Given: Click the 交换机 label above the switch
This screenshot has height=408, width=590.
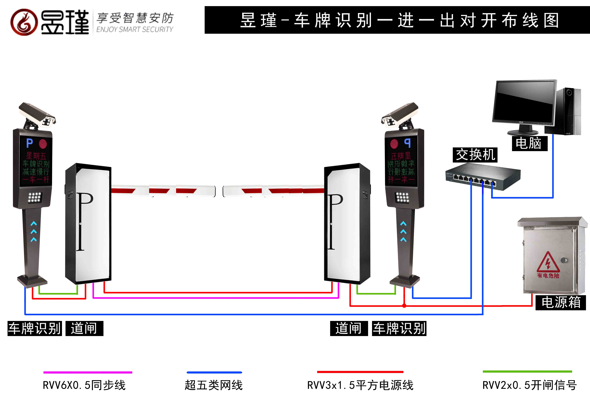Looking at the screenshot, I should tap(475, 155).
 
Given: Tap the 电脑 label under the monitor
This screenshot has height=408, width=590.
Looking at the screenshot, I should tap(529, 143).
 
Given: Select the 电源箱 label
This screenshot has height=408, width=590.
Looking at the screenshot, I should tap(561, 303).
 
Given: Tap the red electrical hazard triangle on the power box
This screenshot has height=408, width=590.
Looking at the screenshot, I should tap(548, 263).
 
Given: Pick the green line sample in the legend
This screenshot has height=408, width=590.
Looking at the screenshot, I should tap(527, 371).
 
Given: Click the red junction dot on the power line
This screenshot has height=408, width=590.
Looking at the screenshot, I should tap(404, 306).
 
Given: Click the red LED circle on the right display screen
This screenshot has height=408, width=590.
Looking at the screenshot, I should tap(394, 144).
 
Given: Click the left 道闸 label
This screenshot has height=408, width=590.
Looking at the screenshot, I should tap(84, 328).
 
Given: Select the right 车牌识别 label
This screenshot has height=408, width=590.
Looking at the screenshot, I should tap(399, 328).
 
